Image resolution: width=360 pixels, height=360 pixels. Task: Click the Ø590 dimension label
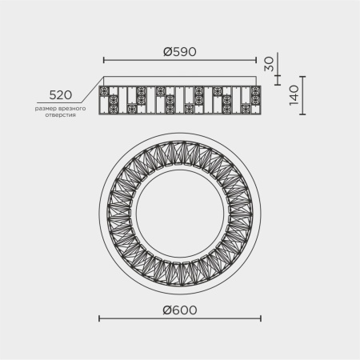coord(179,51)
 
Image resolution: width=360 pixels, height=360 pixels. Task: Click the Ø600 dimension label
coord(179,310)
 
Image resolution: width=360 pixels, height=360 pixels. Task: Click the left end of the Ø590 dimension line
coord(105,60)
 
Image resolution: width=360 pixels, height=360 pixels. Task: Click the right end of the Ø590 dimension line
coord(255,60)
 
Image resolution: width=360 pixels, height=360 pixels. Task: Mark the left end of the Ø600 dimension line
coord(99,319)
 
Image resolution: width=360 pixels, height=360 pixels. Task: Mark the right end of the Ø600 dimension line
coord(260,319)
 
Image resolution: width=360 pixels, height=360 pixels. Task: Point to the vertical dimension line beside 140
coord(304,97)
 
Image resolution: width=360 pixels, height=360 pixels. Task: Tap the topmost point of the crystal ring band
coord(179,135)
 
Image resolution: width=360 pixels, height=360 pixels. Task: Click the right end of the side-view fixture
coord(261,100)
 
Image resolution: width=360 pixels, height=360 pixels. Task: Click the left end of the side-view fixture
coord(98,100)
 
